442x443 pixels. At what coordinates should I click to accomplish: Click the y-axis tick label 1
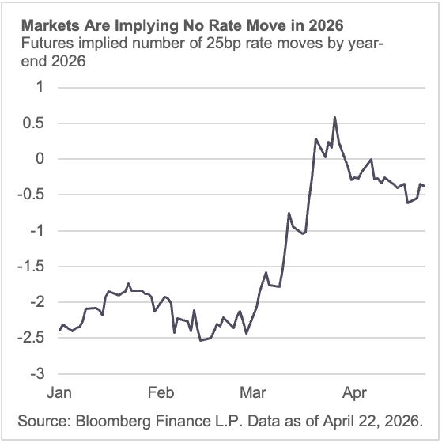pyautogui.click(x=40, y=87)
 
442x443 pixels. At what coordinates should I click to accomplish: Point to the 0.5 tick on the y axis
pyautogui.click(x=34, y=123)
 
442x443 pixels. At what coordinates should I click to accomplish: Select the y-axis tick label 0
pyautogui.click(x=40, y=158)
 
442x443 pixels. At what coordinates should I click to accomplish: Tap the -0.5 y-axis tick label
pyautogui.click(x=32, y=195)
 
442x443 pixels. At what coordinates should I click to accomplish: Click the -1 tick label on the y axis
pyautogui.click(x=37, y=230)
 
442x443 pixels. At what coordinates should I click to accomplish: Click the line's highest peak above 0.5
pyautogui.click(x=334, y=118)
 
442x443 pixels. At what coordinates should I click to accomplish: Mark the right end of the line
pyautogui.click(x=425, y=187)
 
